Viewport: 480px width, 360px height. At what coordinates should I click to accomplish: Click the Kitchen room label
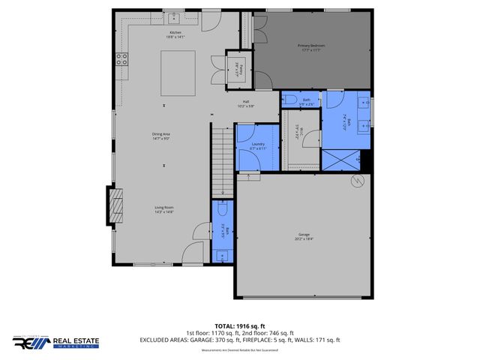point(175,34)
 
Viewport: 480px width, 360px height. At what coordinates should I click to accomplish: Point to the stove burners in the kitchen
point(121,59)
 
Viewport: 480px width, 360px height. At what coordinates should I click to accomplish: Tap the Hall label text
point(245,103)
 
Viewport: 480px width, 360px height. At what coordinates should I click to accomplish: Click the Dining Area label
point(161,136)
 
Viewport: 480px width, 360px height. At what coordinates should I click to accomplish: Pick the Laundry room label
point(257,146)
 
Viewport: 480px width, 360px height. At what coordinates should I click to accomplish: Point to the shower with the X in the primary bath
point(340,159)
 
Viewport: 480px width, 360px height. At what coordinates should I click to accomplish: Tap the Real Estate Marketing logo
point(55,343)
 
